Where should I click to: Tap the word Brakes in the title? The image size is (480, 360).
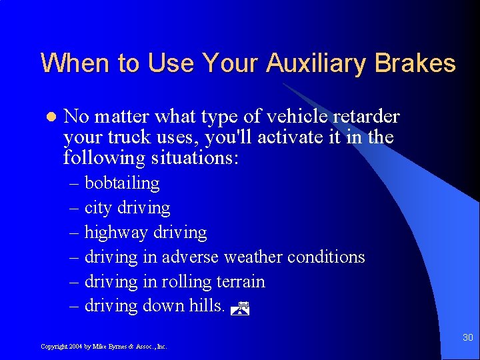tap(415, 64)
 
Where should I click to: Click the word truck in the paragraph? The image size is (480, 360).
tap(125, 138)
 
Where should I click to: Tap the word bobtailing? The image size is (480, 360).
tap(122, 183)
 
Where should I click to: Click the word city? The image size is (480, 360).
tap(98, 208)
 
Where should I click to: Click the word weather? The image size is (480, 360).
tap(253, 257)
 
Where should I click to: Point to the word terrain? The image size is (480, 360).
tap(240, 282)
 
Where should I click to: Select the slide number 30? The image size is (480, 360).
tap(467, 338)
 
